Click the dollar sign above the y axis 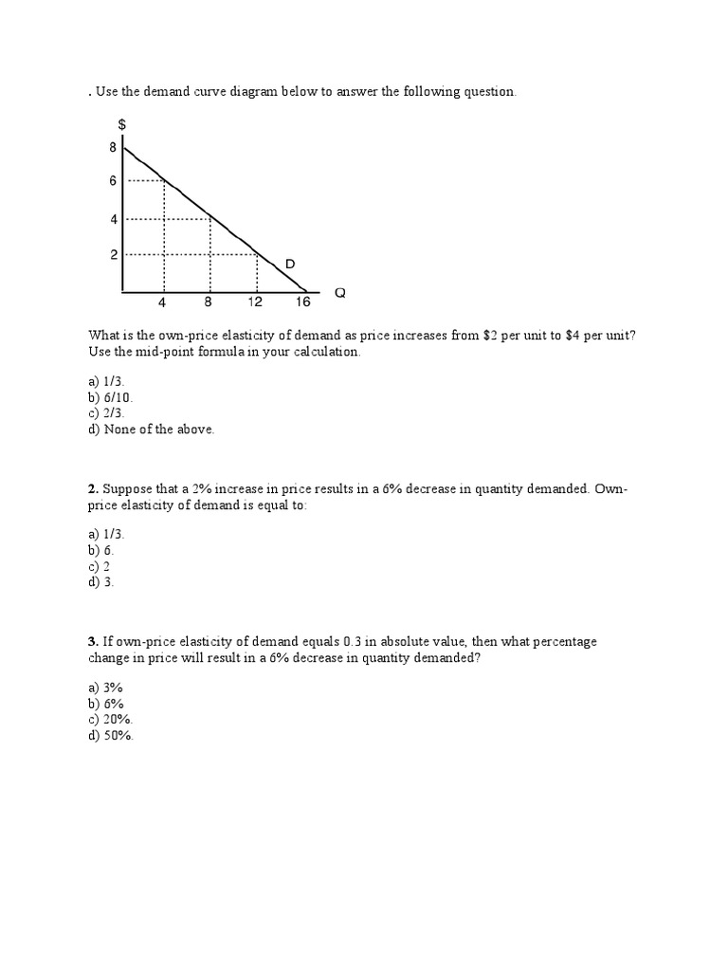[122, 125]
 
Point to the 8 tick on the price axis [113, 147]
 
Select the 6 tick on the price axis [113, 180]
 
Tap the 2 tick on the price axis [113, 255]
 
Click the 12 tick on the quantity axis [255, 302]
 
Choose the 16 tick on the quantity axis [302, 302]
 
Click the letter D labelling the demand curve [290, 263]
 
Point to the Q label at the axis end [340, 293]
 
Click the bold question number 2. [93, 488]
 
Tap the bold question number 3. [93, 642]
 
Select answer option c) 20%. [111, 720]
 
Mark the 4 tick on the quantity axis [162, 302]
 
